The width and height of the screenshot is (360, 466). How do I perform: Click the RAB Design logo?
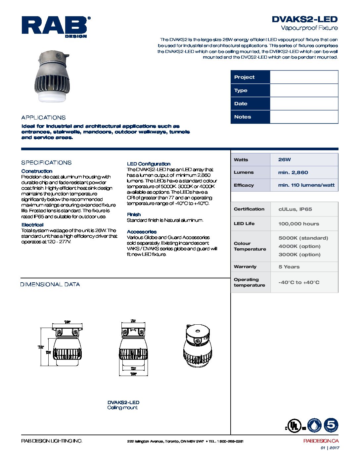click(x=56, y=27)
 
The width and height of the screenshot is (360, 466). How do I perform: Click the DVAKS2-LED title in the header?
click(x=304, y=19)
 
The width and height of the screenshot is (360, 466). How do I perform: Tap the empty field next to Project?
click(x=304, y=77)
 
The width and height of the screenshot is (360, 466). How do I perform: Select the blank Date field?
click(x=304, y=104)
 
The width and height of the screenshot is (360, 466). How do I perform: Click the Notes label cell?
click(x=250, y=117)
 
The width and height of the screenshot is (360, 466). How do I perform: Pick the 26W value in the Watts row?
click(x=284, y=160)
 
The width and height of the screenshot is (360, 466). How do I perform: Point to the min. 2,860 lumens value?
click(x=293, y=172)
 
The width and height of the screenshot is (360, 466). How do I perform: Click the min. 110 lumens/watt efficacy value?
click(x=306, y=185)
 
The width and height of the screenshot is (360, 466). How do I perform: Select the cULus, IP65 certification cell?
click(x=295, y=209)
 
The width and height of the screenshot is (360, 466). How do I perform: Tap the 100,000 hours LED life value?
click(x=298, y=224)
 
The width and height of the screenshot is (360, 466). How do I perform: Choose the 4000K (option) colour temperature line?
click(x=299, y=246)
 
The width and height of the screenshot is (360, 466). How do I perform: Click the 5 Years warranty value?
click(x=289, y=267)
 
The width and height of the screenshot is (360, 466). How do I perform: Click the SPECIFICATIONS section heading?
click(x=46, y=163)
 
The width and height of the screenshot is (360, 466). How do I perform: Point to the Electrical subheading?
click(x=32, y=225)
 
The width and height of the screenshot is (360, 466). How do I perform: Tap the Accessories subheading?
click(x=142, y=232)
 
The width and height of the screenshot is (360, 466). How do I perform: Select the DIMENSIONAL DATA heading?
click(x=50, y=284)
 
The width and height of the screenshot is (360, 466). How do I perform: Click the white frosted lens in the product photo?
click(x=53, y=97)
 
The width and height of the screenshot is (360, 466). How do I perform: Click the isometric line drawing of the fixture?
click(x=197, y=346)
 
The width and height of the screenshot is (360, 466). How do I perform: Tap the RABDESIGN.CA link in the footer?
click(x=321, y=441)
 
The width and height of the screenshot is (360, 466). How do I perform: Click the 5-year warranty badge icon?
click(x=331, y=425)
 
